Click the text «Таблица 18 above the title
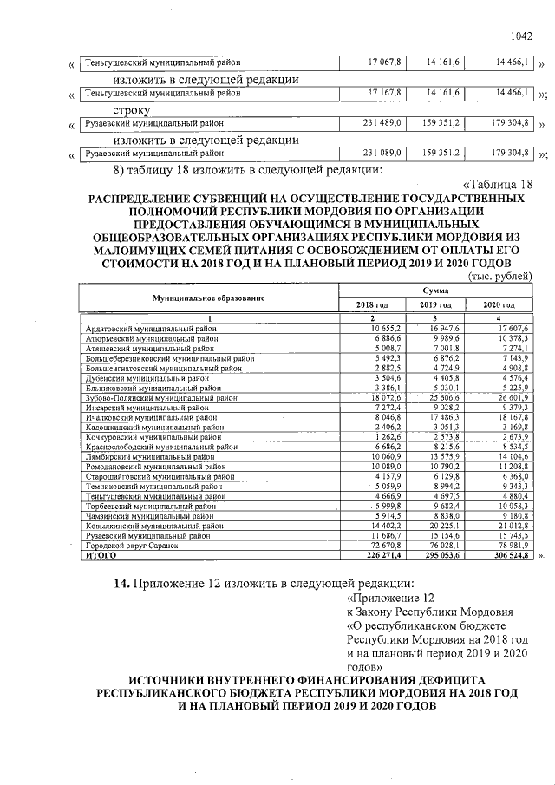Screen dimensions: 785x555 (499, 184)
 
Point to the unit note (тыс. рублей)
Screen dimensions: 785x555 (499, 275)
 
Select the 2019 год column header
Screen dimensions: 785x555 (434, 305)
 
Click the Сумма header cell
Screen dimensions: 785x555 (435, 291)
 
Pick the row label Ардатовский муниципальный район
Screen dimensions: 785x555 (151, 328)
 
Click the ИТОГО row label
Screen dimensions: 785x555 (101, 553)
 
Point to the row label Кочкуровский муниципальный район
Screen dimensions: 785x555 (151, 436)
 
